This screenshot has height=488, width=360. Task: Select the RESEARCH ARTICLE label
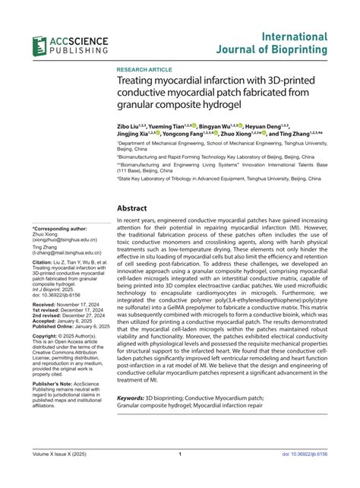[x=144, y=69]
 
